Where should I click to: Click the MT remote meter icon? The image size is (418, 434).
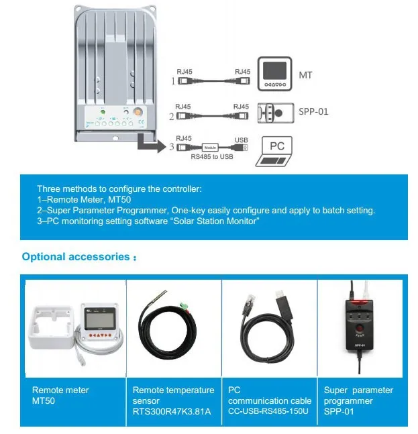(276, 74)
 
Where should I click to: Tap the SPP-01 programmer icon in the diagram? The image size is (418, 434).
(275, 112)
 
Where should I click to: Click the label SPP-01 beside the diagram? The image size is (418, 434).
(313, 111)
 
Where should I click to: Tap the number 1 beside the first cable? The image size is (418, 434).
(172, 81)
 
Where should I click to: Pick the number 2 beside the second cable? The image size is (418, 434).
(172, 117)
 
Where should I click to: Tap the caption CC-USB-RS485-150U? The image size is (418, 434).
(268, 411)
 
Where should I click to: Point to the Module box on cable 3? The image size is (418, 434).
(211, 146)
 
